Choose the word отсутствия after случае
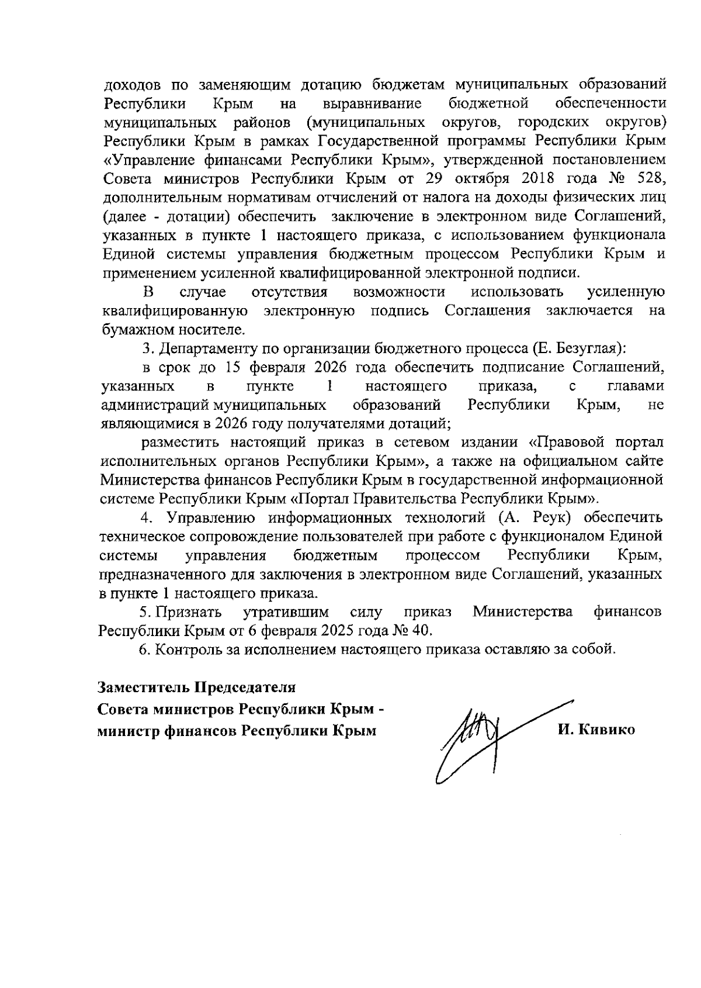[x=289, y=292]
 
